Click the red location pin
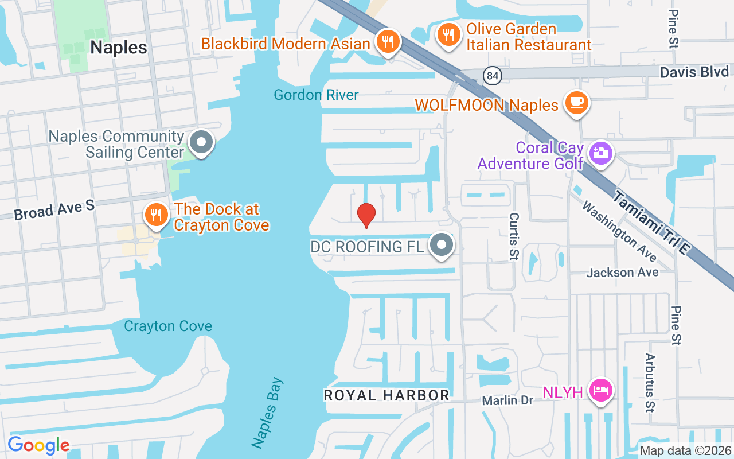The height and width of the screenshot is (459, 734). tap(366, 215)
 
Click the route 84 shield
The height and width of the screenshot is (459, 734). tap(492, 76)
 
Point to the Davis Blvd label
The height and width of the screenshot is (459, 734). tap(694, 72)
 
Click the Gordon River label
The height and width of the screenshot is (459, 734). tap(316, 95)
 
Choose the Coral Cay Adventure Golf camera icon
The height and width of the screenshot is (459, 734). tap(600, 153)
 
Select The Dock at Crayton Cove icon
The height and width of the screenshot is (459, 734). tap(155, 215)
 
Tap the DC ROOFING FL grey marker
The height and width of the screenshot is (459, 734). tap(442, 245)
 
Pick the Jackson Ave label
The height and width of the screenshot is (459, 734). tap(622, 272)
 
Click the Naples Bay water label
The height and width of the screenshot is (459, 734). tap(267, 412)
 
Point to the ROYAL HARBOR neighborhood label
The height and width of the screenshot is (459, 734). tap(386, 395)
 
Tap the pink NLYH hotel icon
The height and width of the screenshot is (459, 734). tap(600, 391)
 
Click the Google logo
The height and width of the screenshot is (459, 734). tap(38, 445)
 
